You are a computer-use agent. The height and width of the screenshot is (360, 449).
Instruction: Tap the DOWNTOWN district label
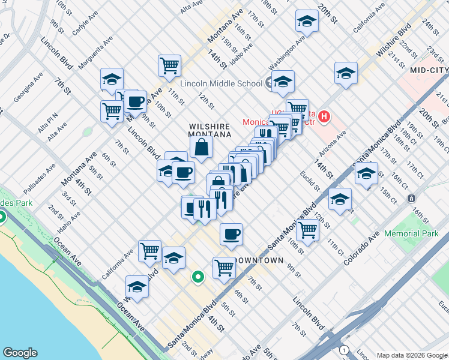click(259, 260)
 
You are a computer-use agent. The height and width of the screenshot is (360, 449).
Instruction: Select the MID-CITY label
click(429, 70)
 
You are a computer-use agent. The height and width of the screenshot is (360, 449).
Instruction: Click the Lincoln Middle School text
click(220, 83)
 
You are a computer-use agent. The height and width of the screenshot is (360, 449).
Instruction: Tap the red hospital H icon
click(324, 115)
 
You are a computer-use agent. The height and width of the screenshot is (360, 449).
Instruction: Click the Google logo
click(20, 353)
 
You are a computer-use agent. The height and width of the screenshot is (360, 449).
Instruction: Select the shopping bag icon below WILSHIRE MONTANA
click(202, 148)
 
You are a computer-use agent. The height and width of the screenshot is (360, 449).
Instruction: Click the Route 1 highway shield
click(344, 350)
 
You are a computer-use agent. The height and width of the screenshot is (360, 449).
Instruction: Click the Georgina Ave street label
click(28, 87)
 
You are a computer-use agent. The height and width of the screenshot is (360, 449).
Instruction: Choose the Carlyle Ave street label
click(85, 25)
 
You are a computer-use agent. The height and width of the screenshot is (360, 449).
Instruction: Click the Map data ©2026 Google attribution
click(411, 355)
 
